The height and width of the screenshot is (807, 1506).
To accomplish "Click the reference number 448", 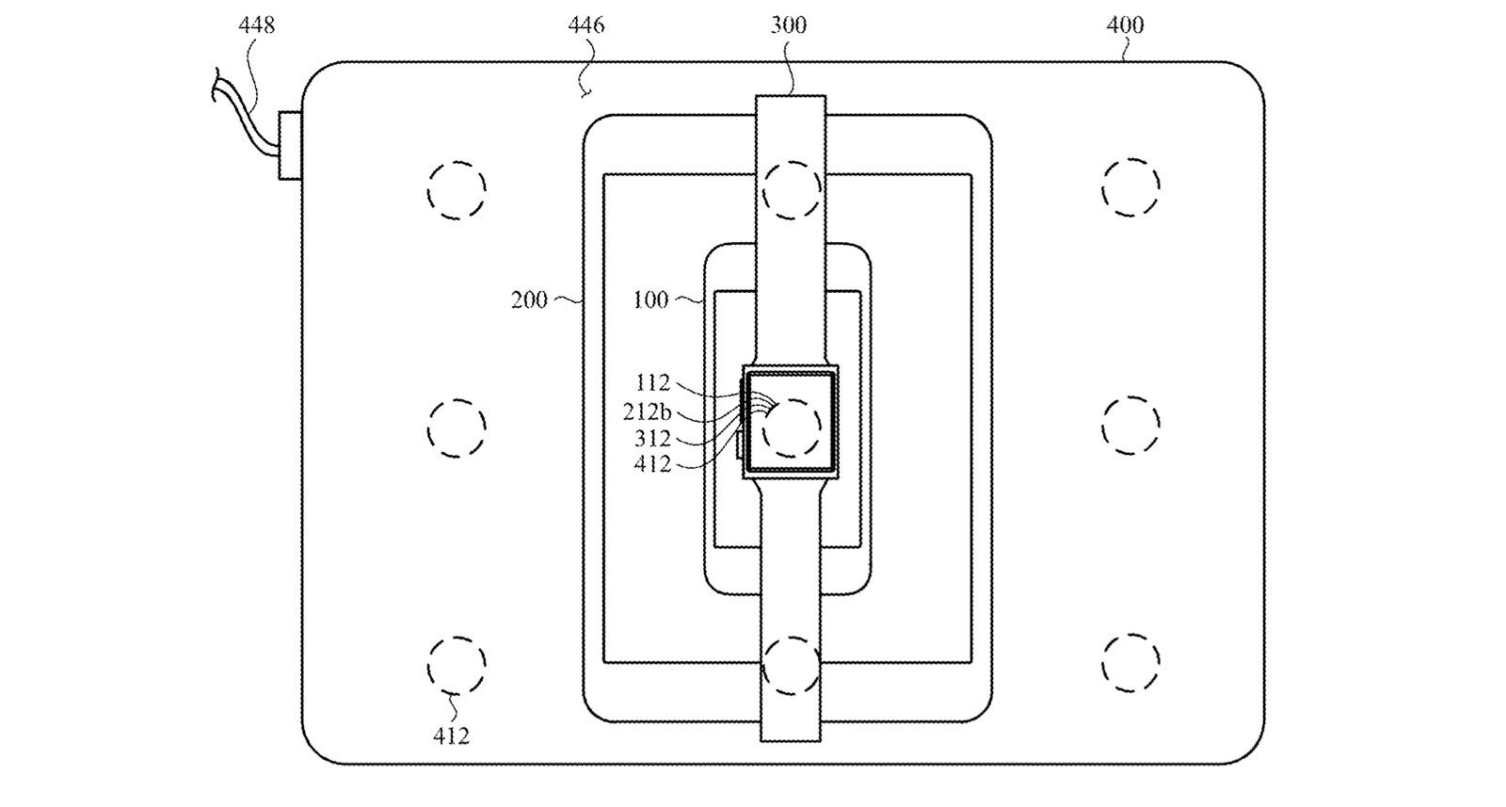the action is tap(257, 25).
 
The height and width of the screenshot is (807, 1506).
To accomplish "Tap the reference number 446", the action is tap(586, 25).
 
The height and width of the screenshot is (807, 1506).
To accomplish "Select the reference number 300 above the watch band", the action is tap(789, 25).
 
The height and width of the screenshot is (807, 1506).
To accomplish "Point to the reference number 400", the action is tap(1125, 25).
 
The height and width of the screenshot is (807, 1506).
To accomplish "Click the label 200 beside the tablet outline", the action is tap(529, 300).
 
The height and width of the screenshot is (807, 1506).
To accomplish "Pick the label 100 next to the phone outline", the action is tap(650, 300).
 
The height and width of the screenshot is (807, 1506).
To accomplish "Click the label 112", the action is tap(653, 383).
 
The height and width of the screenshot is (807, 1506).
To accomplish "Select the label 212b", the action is tap(647, 412).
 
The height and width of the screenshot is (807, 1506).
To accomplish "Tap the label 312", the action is tap(653, 439).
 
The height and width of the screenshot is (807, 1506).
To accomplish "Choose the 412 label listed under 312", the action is tap(653, 464).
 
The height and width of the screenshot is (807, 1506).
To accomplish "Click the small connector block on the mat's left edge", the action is tap(290, 146).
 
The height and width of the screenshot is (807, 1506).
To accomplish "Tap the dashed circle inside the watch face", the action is tap(792, 428).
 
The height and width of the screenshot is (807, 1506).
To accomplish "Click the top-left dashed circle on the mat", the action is tap(457, 190).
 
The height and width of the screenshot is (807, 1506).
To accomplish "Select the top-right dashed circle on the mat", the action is tap(1130, 187).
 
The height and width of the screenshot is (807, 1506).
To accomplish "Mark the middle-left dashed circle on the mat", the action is tap(457, 428).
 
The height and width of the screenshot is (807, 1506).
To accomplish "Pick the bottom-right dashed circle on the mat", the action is tap(1130, 663).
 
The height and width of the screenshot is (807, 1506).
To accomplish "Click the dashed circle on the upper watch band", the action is tap(792, 189).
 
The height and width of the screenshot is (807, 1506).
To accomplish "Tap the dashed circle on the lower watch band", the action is tap(792, 666).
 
